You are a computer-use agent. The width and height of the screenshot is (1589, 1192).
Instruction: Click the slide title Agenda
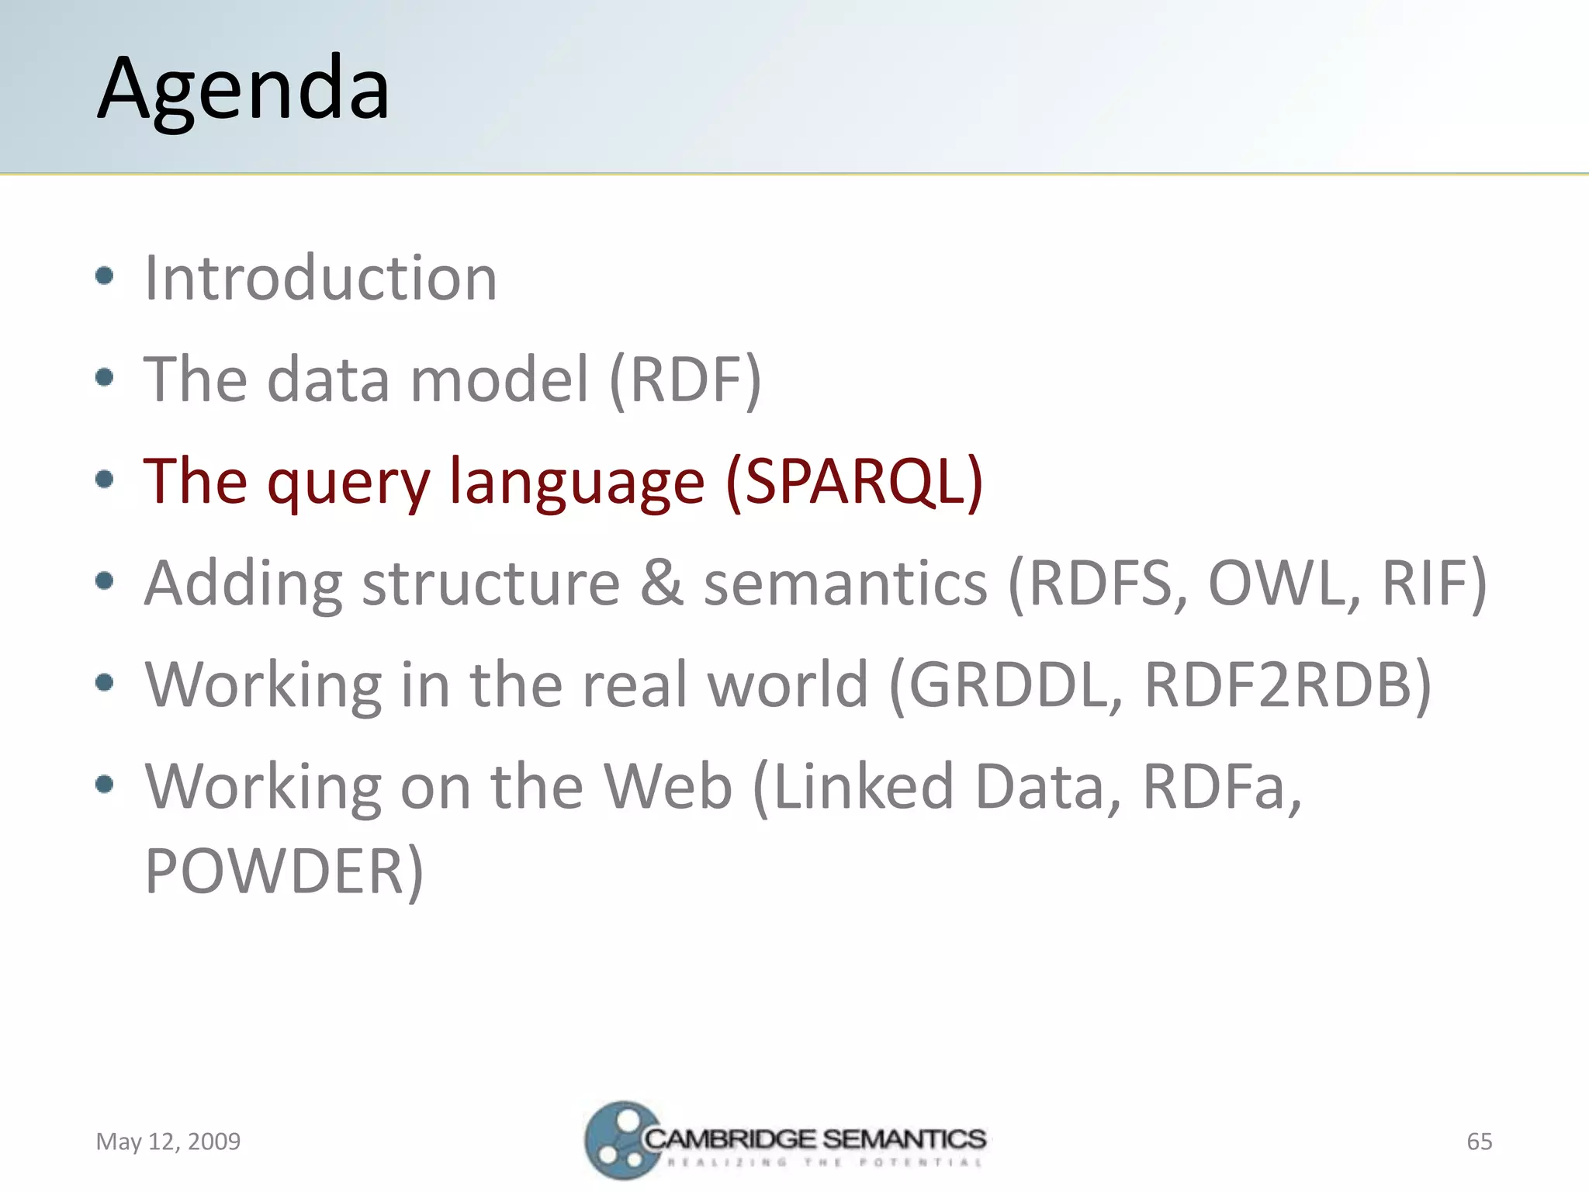tap(244, 89)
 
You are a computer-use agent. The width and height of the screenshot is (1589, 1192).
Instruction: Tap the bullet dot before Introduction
tap(105, 276)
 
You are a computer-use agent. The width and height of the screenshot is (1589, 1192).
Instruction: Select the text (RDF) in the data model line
tap(685, 379)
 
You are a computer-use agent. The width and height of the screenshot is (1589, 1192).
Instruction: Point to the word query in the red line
tap(348, 483)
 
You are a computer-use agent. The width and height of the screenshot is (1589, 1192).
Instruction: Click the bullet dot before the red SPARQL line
tap(105, 480)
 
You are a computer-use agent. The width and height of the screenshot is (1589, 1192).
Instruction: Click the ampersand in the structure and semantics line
tap(661, 583)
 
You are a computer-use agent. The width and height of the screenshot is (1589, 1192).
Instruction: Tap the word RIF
tap(1432, 583)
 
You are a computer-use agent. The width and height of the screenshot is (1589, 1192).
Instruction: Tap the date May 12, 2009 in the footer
tap(168, 1142)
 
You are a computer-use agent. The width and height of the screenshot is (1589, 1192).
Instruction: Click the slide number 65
tap(1479, 1142)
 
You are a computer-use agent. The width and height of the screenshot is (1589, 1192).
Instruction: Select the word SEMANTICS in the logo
tap(904, 1139)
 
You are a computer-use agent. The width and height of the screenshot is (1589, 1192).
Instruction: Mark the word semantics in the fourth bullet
tap(845, 583)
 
